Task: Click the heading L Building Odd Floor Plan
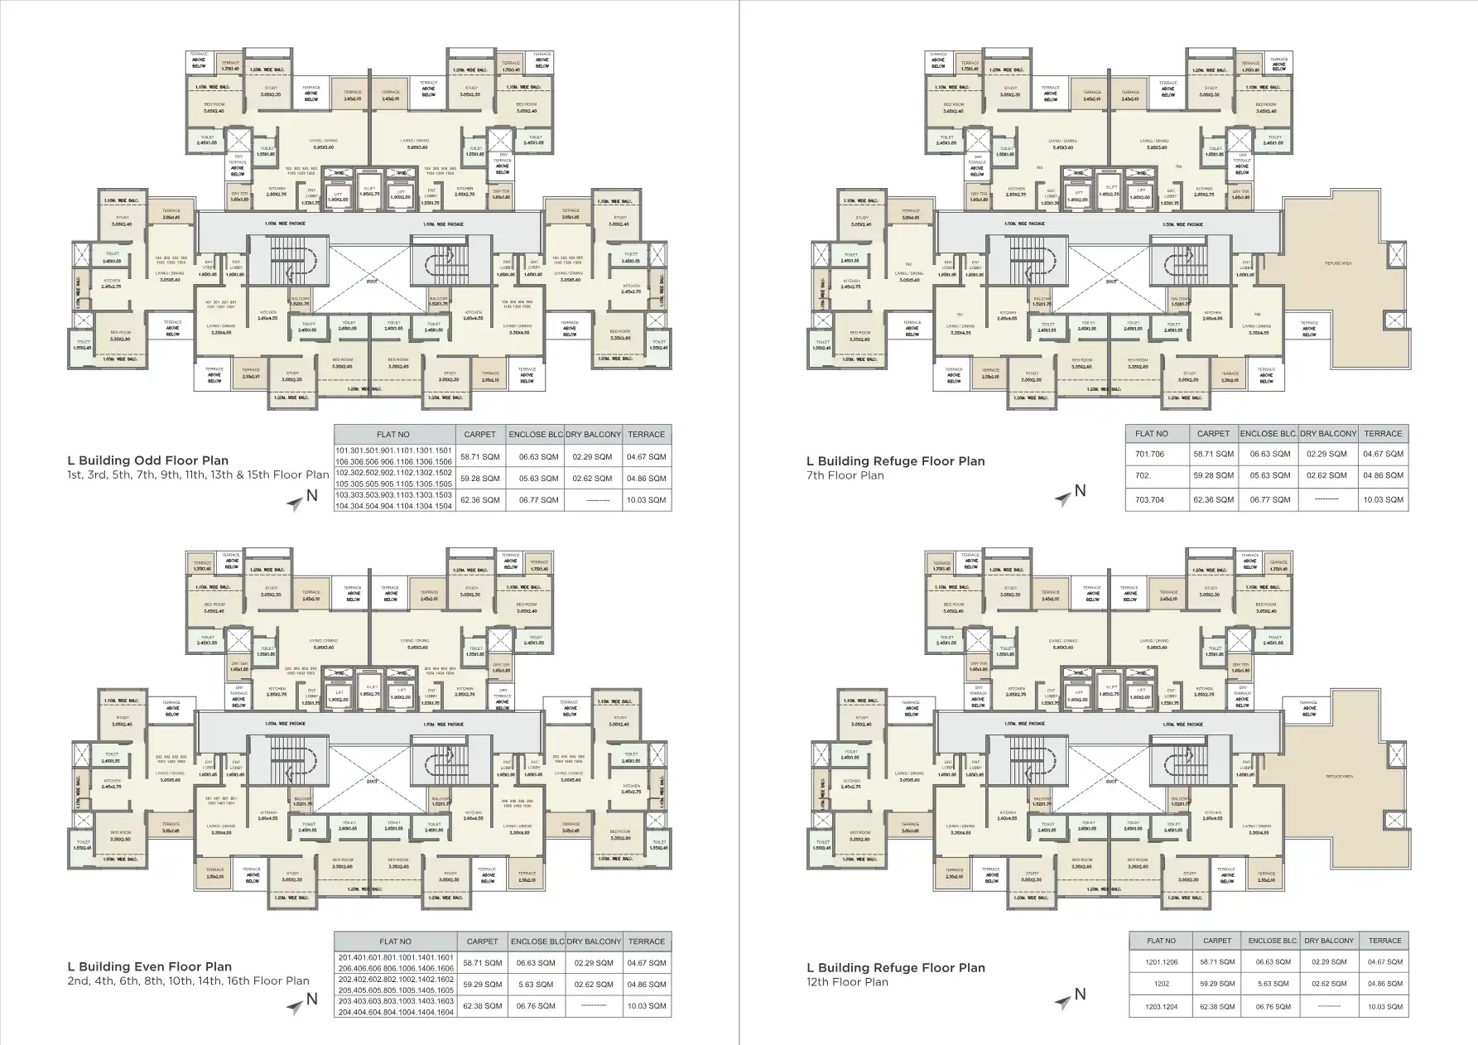pyautogui.click(x=147, y=460)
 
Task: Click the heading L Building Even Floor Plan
pyautogui.click(x=149, y=966)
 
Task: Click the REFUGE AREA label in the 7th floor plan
pyautogui.click(x=1339, y=263)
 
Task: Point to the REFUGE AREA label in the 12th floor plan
pyautogui.click(x=1339, y=777)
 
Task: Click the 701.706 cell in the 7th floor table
pyautogui.click(x=1150, y=454)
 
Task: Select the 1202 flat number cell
pyautogui.click(x=1161, y=985)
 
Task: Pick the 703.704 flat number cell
pyautogui.click(x=1150, y=499)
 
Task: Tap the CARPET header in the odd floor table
pyautogui.click(x=479, y=435)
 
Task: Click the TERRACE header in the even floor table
pyautogui.click(x=646, y=941)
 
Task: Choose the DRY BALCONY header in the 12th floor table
pyautogui.click(x=1329, y=941)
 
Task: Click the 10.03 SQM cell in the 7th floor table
pyautogui.click(x=1383, y=499)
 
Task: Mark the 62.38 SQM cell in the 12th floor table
pyautogui.click(x=1216, y=1007)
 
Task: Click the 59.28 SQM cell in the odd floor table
pyautogui.click(x=479, y=479)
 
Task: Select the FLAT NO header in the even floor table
pyautogui.click(x=395, y=941)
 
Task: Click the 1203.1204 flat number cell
pyautogui.click(x=1161, y=1007)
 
